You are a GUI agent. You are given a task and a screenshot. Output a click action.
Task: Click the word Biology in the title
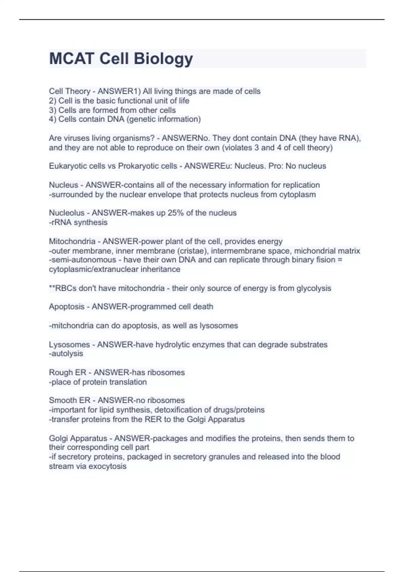click(x=164, y=59)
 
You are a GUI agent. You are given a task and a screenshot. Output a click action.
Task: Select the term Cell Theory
click(x=69, y=91)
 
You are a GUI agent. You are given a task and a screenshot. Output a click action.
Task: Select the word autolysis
click(x=67, y=354)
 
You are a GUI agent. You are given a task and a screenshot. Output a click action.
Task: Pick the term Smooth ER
click(x=70, y=400)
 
